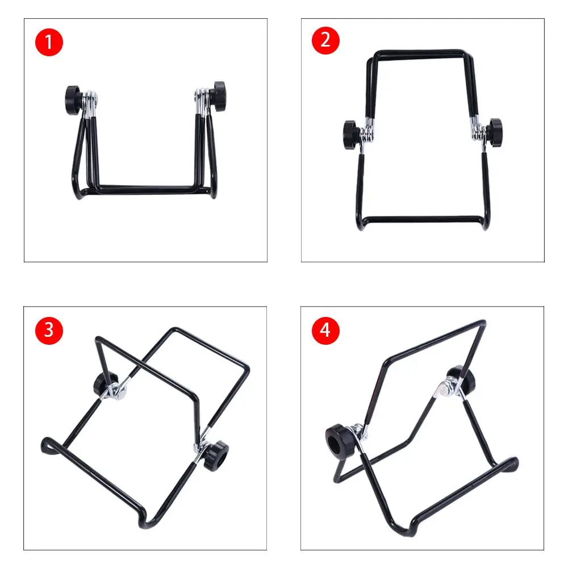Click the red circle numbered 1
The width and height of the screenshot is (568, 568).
(49, 42)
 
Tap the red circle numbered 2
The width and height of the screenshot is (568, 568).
(325, 40)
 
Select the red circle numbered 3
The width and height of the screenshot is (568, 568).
(49, 331)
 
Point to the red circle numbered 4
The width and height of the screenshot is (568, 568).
(325, 331)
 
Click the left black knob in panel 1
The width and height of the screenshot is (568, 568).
(73, 101)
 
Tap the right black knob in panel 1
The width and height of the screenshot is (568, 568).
(219, 96)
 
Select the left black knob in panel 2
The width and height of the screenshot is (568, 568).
(351, 135)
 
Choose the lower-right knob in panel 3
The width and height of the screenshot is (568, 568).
(215, 455)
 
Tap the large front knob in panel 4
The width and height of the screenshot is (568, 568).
(340, 441)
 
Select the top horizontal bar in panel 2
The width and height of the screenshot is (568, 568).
(420, 53)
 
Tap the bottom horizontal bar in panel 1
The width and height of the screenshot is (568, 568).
(147, 189)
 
